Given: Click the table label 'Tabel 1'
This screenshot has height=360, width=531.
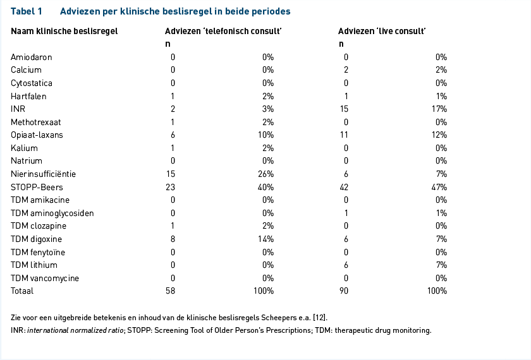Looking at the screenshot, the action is click(27, 11).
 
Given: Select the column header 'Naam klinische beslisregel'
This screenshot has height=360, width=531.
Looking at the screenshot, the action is click(64, 31).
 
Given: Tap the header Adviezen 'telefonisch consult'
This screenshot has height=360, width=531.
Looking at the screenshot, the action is click(223, 31).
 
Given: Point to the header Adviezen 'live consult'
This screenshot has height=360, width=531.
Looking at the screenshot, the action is click(382, 31).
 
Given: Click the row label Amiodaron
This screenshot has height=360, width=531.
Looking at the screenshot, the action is click(32, 57).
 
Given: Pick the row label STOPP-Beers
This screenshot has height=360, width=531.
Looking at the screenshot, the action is click(37, 187).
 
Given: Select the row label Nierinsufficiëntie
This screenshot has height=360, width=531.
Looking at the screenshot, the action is click(44, 174).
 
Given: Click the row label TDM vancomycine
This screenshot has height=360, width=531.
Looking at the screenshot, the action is click(45, 278).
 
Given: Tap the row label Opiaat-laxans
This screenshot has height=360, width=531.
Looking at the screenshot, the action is click(37, 135).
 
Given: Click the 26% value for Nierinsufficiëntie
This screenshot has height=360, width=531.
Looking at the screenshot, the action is click(266, 174).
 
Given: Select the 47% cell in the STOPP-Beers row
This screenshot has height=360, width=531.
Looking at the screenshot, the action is click(439, 187).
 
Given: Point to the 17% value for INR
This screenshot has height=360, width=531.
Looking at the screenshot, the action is click(439, 109).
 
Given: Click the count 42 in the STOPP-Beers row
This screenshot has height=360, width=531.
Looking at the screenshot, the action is click(344, 187).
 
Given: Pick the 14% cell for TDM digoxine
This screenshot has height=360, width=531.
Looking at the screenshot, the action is click(266, 239).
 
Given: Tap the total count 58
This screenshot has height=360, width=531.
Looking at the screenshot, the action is click(170, 291).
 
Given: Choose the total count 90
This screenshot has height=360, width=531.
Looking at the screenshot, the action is click(344, 291).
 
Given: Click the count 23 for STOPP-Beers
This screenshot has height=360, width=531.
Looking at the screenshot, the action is click(170, 187).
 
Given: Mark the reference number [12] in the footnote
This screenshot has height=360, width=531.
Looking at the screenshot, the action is click(319, 318).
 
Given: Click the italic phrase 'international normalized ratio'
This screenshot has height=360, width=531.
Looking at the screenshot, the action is click(75, 330).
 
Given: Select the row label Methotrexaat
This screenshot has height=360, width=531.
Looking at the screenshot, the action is click(36, 122).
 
